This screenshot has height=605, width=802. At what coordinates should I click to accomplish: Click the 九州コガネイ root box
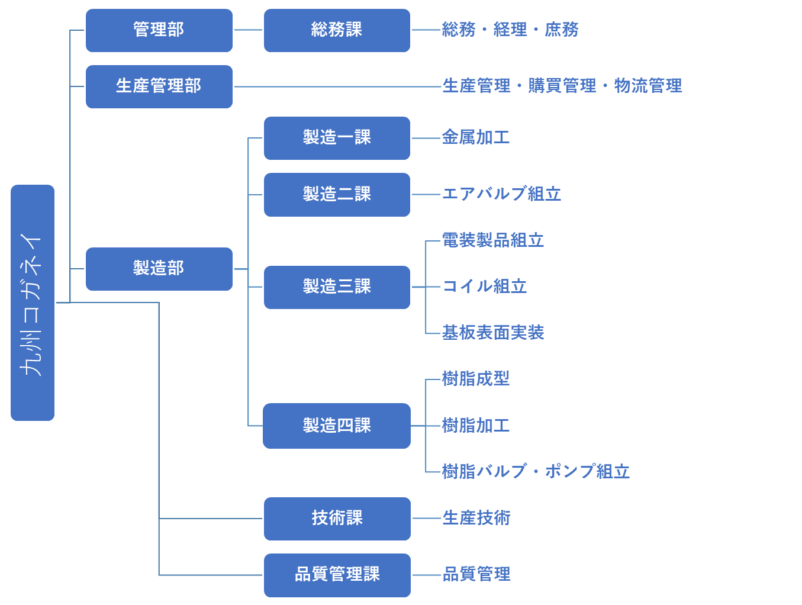tap(33, 302)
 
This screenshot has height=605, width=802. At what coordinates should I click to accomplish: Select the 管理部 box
tap(159, 30)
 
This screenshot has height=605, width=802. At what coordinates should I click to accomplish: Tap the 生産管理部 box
tap(159, 86)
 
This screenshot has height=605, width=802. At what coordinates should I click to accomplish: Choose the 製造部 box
tap(159, 269)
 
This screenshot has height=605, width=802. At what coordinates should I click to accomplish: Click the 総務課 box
tap(337, 30)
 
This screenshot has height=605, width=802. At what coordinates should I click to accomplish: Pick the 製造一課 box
tap(337, 138)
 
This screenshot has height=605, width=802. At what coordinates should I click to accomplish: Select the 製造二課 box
tap(337, 195)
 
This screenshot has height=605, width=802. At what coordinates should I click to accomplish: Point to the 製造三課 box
tap(337, 287)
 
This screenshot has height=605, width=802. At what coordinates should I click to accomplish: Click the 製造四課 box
tap(337, 426)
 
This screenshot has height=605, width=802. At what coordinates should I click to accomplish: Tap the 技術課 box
tap(337, 519)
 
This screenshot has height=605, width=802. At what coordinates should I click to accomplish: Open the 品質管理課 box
tap(337, 575)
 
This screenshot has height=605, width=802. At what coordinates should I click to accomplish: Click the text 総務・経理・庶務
tap(510, 30)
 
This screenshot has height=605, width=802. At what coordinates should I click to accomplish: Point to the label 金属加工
tap(475, 137)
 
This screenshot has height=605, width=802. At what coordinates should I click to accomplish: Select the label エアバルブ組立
tap(501, 194)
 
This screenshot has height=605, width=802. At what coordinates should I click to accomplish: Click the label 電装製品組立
tap(492, 240)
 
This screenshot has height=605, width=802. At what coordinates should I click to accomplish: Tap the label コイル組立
tap(484, 287)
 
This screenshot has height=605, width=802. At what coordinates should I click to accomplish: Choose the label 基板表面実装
tap(492, 333)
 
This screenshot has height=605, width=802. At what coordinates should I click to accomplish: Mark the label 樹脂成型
tap(475, 379)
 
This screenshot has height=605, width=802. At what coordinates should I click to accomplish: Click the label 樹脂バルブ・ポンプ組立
tap(536, 472)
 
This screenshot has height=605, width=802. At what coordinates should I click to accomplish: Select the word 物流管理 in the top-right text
tap(648, 86)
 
